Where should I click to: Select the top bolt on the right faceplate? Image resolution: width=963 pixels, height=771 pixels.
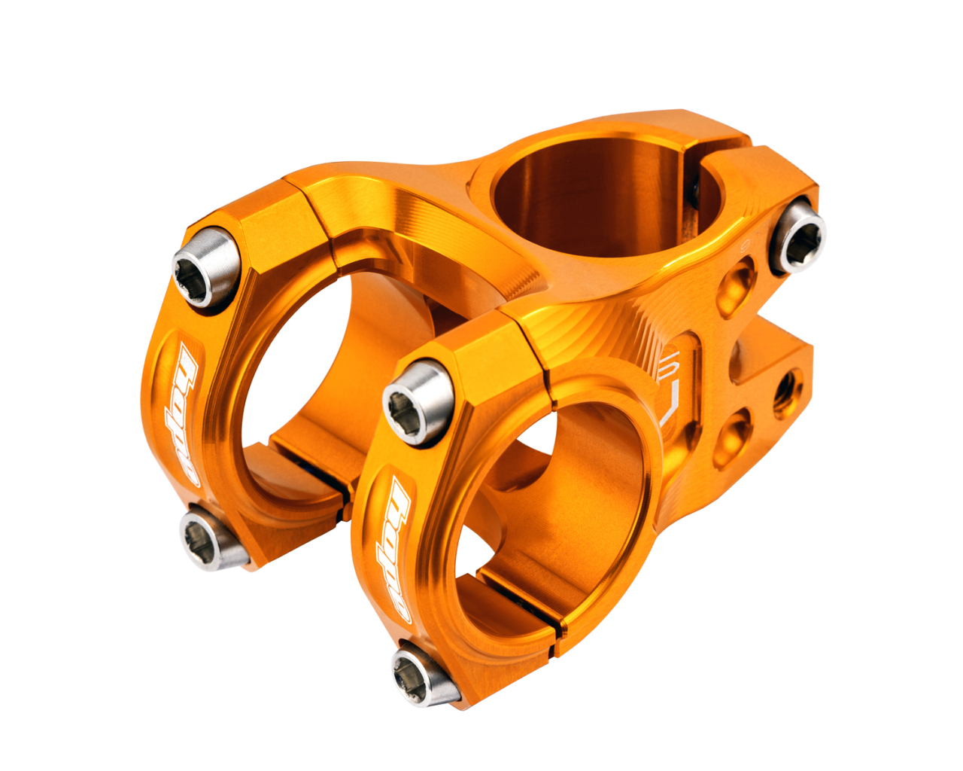[416, 401]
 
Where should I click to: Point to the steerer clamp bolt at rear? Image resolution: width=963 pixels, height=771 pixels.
[797, 236]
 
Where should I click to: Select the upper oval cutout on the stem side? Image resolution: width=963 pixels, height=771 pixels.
[736, 285]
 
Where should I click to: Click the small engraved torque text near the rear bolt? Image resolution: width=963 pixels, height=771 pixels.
[746, 245]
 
